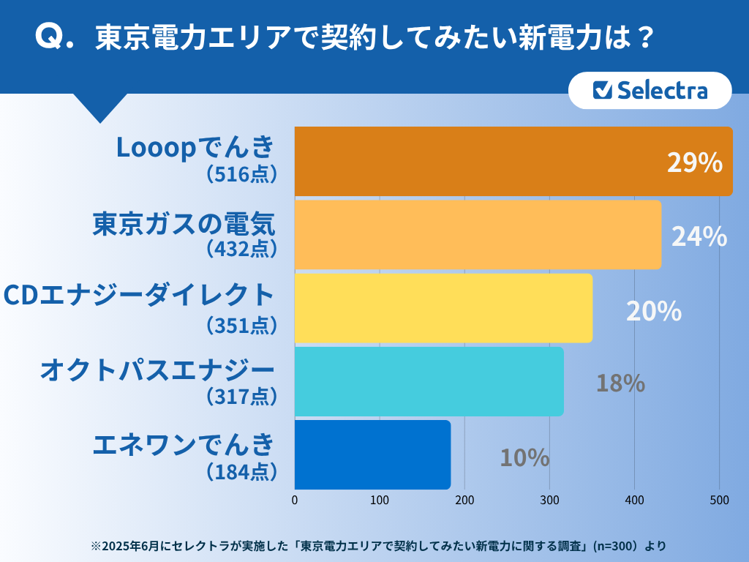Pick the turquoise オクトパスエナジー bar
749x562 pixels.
tap(429, 381)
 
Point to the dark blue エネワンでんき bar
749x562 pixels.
tap(372, 454)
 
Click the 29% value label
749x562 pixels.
tap(695, 162)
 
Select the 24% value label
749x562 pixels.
tap(699, 236)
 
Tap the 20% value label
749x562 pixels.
tap(654, 311)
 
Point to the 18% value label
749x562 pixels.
tap(620, 383)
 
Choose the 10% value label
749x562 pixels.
tap(524, 457)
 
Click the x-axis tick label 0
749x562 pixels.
tap(295, 501)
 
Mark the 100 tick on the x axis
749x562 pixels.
tap(380, 501)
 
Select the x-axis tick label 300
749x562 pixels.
tap(549, 501)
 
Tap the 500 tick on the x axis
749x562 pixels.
tap(719, 501)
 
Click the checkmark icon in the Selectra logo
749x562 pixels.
tap(602, 90)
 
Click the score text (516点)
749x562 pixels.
tap(241, 174)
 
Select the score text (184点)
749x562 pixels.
tap(241, 471)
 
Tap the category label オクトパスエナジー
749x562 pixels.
tap(157, 370)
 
